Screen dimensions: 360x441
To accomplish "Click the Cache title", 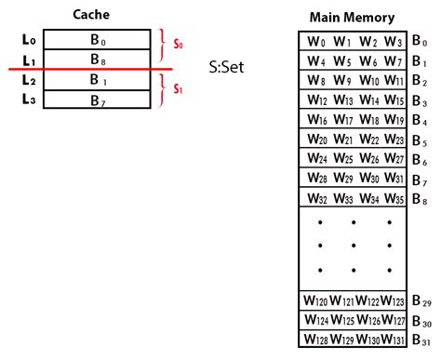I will coord(96,14).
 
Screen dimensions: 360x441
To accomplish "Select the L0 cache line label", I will coord(28,39).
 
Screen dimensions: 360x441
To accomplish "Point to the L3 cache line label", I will coord(28,100).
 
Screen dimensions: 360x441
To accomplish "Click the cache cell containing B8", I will coord(97,59).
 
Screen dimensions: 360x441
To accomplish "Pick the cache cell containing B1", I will coord(97,80).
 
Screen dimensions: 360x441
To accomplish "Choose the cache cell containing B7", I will coord(97,100).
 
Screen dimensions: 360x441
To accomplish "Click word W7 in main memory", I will coord(393,61).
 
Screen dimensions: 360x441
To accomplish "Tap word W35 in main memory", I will coord(393,198).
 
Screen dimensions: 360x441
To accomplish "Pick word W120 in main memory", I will coord(315,301).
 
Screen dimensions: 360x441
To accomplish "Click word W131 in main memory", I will coord(393,340).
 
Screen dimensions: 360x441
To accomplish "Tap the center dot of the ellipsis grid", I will coord(354,247).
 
